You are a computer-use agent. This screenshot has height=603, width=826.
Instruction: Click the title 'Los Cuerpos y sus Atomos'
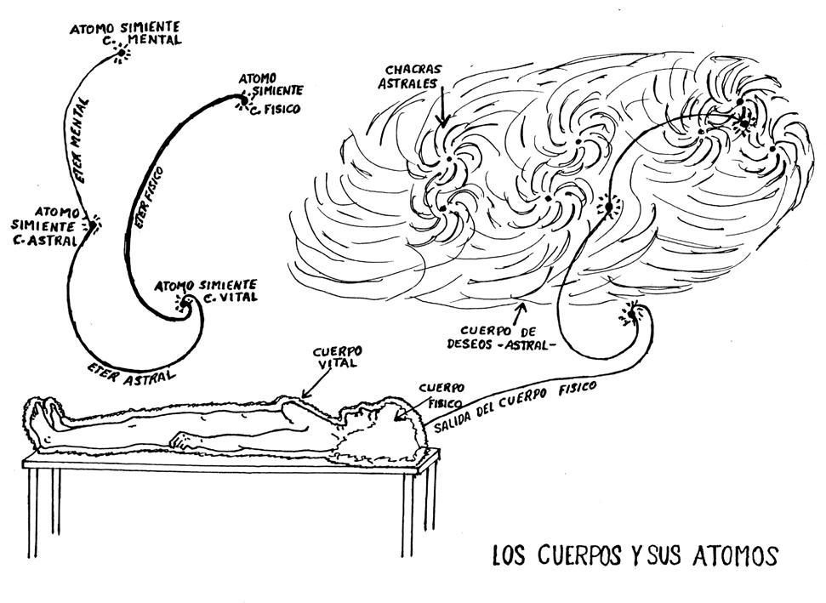coord(635,555)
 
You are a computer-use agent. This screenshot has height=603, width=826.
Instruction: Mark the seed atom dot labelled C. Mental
coord(119,56)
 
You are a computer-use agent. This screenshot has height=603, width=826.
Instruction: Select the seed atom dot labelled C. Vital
coord(185,302)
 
